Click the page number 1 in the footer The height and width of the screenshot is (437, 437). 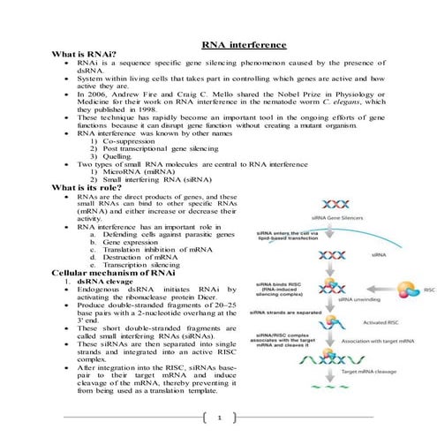tap(219, 417)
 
